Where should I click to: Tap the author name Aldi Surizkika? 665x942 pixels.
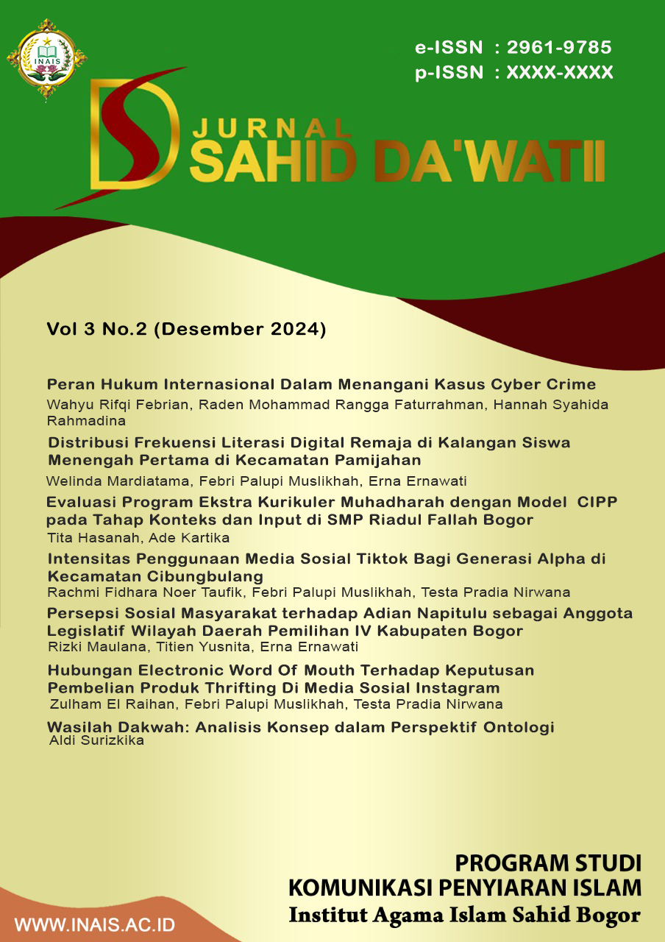[x=96, y=740]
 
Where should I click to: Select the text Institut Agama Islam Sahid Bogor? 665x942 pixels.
[x=465, y=916]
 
